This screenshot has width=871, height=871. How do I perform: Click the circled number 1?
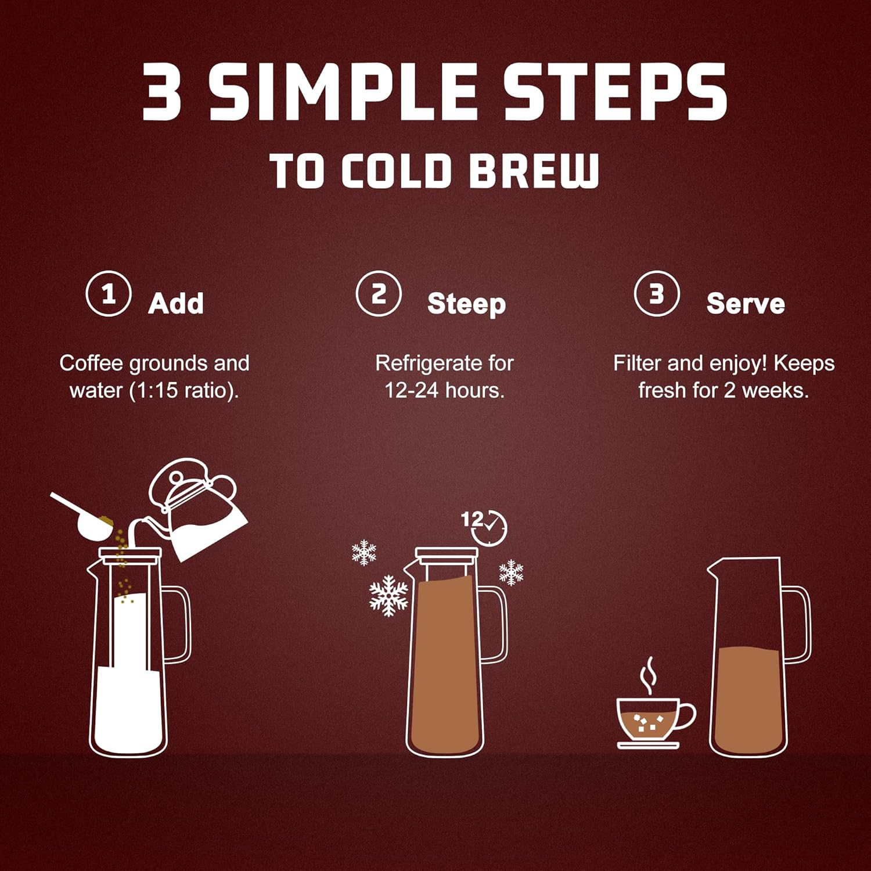(x=108, y=294)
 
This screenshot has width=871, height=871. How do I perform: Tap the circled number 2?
(x=379, y=294)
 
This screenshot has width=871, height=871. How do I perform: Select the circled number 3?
(x=656, y=294)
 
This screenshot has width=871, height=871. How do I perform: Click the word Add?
(x=176, y=304)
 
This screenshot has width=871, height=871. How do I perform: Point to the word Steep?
(x=466, y=304)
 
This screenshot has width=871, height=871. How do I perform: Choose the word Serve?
(x=746, y=304)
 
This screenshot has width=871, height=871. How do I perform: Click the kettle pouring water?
(x=200, y=511)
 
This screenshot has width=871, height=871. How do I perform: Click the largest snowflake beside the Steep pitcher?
(x=388, y=595)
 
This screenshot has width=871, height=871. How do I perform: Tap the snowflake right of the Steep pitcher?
(x=511, y=572)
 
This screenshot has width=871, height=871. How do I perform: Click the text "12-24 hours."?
(x=444, y=391)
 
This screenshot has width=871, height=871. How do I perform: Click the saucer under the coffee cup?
(x=648, y=745)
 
